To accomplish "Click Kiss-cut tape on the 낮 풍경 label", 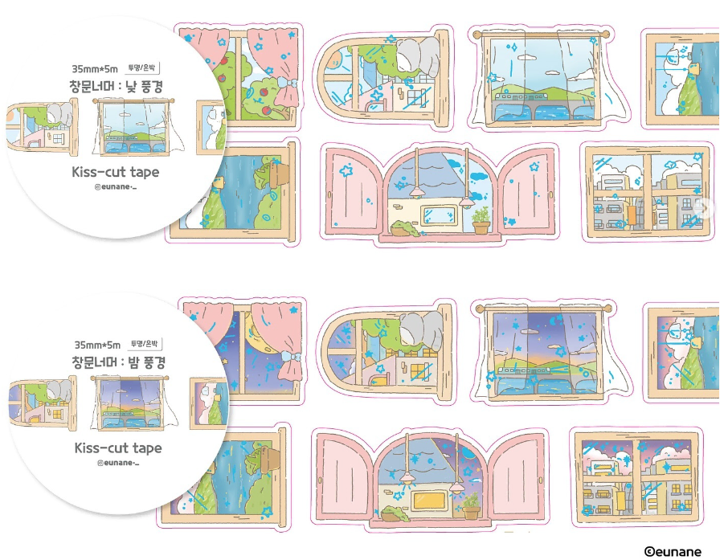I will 116,172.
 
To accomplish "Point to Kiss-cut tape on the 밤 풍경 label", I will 117,448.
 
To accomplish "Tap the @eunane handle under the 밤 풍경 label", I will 117,464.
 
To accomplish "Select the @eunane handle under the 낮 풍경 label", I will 116,189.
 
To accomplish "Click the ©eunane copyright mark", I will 673,551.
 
